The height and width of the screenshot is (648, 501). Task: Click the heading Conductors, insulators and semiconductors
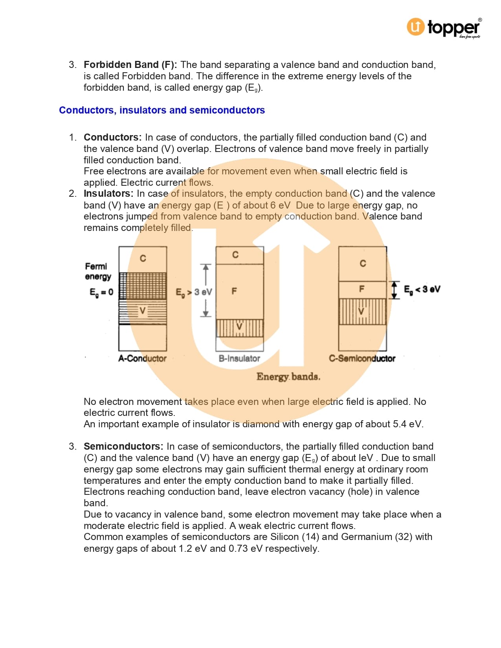coord(162,110)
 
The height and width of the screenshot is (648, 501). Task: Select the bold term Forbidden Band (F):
coord(130,65)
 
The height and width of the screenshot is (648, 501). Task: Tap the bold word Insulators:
coord(108,194)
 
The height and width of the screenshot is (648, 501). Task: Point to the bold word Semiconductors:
coord(123,447)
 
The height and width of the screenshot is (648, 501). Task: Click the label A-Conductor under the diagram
coord(142,359)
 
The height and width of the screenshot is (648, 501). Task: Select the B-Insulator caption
coord(239,359)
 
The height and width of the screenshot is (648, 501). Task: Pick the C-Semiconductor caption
coord(362,359)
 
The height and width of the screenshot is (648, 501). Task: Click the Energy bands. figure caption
coord(288,377)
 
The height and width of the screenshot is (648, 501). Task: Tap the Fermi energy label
coord(98,271)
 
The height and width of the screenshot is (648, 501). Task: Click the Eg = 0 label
coord(101,292)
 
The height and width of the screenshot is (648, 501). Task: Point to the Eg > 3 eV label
coord(194,292)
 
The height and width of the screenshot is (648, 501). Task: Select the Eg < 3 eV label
coord(422,289)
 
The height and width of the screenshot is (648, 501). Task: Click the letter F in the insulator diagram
coord(234,291)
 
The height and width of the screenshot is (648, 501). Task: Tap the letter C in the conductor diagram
coord(143,258)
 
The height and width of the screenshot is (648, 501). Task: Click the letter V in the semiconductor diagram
coord(362,311)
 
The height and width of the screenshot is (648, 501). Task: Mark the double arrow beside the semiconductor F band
coord(395,290)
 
